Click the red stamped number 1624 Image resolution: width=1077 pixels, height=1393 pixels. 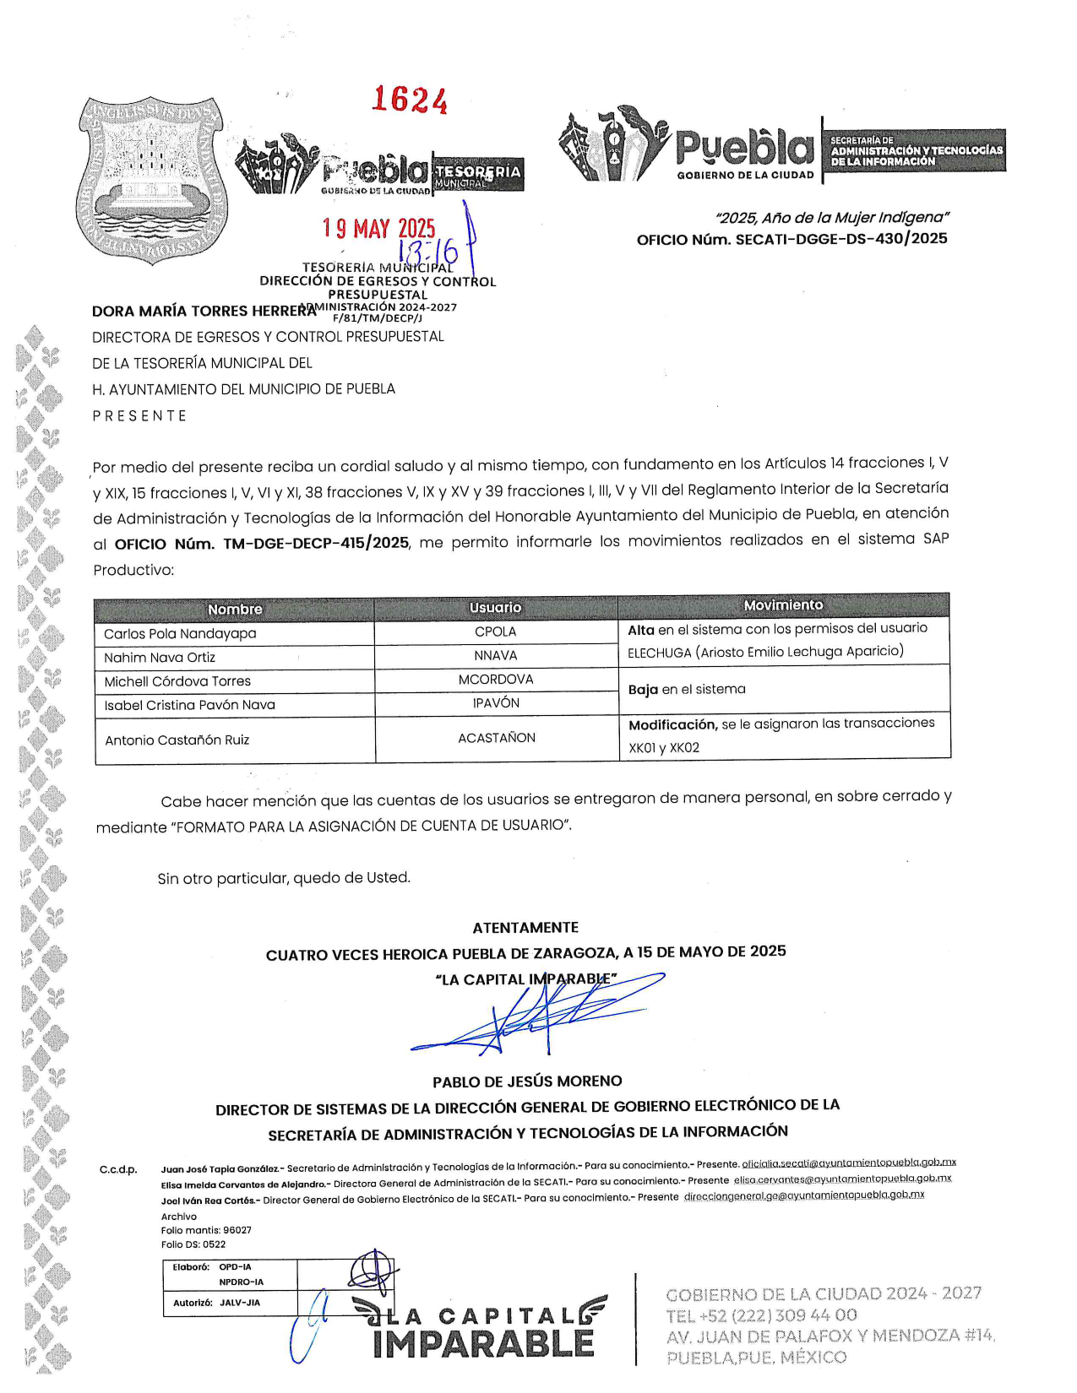click(x=410, y=100)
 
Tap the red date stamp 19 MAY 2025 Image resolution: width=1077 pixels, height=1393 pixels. click(x=379, y=229)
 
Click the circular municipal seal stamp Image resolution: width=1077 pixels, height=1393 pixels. click(x=152, y=180)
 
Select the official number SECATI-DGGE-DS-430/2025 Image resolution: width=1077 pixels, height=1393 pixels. click(x=841, y=239)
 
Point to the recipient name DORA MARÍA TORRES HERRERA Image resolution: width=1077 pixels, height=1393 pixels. click(x=203, y=311)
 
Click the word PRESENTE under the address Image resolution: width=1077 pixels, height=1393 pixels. click(x=139, y=416)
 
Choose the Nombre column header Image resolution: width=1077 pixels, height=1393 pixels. click(x=235, y=610)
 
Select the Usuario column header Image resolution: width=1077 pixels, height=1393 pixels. click(x=496, y=608)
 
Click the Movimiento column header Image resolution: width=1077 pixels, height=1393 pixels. click(x=783, y=605)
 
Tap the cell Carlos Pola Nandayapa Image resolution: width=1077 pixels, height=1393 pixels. click(x=180, y=633)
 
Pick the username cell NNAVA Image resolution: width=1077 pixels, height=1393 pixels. click(x=496, y=655)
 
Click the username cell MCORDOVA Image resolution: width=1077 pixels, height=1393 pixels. click(x=496, y=679)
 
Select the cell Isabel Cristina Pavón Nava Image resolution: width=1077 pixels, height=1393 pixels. click(x=189, y=705)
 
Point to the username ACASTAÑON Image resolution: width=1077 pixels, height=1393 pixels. click(x=497, y=738)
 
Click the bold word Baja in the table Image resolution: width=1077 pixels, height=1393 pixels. click(x=643, y=690)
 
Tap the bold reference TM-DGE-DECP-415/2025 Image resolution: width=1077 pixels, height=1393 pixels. click(x=316, y=543)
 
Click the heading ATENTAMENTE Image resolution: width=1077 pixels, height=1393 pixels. click(x=525, y=927)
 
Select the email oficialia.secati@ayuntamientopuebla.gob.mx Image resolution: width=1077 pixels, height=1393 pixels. click(x=849, y=1163)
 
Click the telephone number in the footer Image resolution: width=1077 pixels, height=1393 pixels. click(x=761, y=1315)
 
